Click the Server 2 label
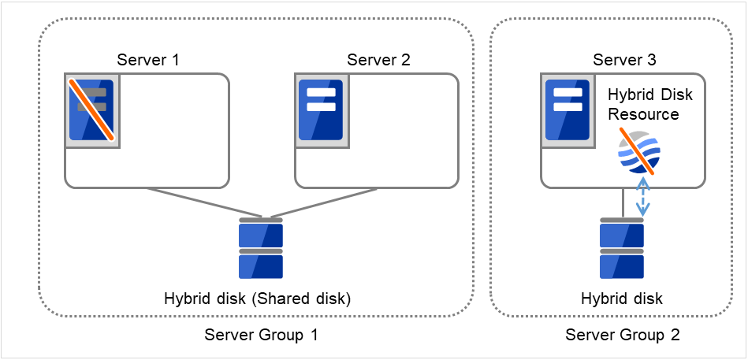click(379, 60)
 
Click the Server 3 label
click(624, 60)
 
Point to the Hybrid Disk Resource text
click(649, 104)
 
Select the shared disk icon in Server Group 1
click(261, 251)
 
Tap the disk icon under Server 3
click(621, 249)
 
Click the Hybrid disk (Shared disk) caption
click(257, 299)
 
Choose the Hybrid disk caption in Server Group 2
click(621, 299)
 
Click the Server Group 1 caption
click(261, 335)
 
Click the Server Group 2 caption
click(623, 335)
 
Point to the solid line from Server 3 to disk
click(623, 203)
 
